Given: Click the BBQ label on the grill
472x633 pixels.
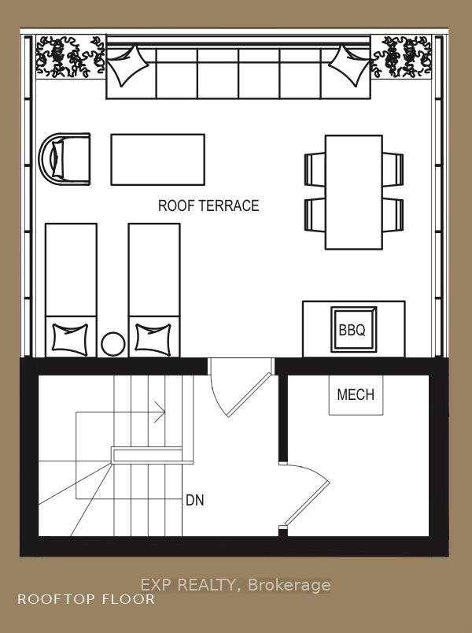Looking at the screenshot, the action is pos(352,330).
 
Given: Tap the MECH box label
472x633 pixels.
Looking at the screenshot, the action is pos(356,394).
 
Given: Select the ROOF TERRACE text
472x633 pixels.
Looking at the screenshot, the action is pos(208,205).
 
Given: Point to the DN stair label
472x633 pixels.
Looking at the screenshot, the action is pos(195,500).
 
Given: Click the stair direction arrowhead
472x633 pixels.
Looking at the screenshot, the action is pos(160,413).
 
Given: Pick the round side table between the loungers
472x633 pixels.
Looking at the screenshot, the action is pos(113,344).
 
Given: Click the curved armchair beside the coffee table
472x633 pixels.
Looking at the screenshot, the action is pos(65,159).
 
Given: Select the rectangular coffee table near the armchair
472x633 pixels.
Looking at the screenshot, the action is pos(158,160).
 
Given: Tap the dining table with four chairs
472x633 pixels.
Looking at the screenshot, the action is pos(354,192).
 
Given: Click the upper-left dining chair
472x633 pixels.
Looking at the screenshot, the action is pos(315,169).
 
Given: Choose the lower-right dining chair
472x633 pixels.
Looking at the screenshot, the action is pos(393,215).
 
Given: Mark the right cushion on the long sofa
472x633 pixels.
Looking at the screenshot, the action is pos(349,65).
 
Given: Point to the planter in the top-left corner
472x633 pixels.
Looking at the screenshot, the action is pos(71,57).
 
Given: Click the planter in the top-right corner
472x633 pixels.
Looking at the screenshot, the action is pos(401,57).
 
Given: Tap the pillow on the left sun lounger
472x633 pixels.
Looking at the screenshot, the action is pos(70,339).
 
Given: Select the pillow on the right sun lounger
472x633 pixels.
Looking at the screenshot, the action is pos(153,339).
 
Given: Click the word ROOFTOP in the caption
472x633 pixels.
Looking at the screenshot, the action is pos(54,599).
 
